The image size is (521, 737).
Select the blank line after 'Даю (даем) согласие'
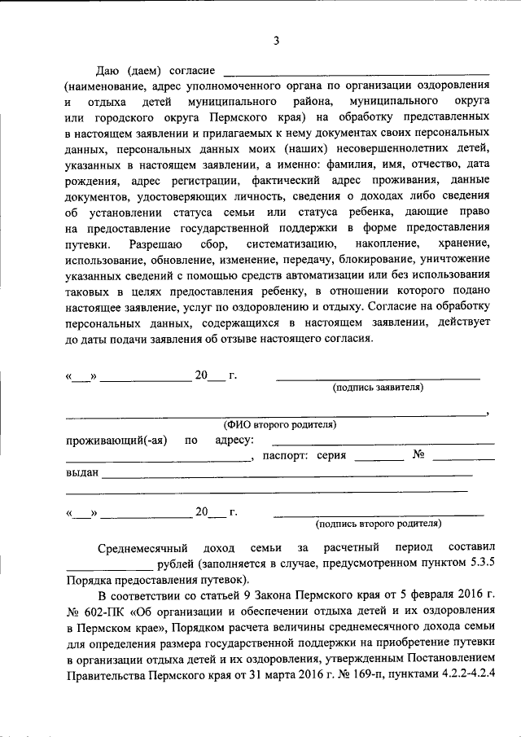(x=356, y=74)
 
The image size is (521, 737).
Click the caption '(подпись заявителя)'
(x=378, y=388)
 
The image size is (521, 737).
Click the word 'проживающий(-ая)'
(x=116, y=441)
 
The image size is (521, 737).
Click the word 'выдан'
(x=81, y=472)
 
